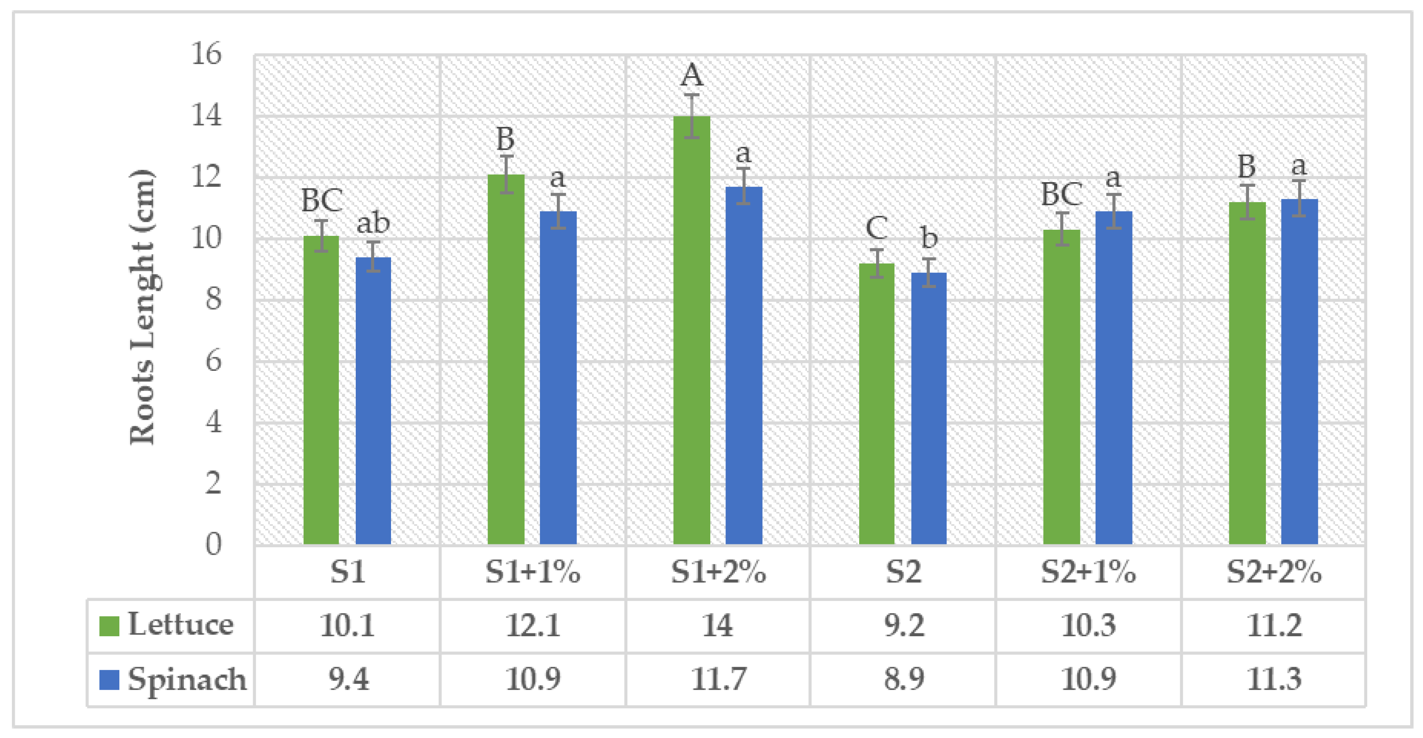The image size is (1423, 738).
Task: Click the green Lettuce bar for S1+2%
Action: coord(692,331)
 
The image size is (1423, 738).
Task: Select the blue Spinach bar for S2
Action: coord(929,409)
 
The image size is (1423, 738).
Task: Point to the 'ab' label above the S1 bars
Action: coord(373,223)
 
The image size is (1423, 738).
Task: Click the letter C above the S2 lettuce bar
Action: coord(877,228)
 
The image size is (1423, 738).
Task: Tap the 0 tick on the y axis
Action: coord(213,544)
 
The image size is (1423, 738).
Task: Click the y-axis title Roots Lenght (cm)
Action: coord(142,306)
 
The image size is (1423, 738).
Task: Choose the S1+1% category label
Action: coord(533,572)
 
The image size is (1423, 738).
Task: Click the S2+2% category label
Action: coord(1274,572)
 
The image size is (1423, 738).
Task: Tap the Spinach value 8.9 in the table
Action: coord(904,679)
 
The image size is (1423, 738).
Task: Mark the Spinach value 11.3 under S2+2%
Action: coord(1274,679)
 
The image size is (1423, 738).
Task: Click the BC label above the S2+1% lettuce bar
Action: coord(1061,194)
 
